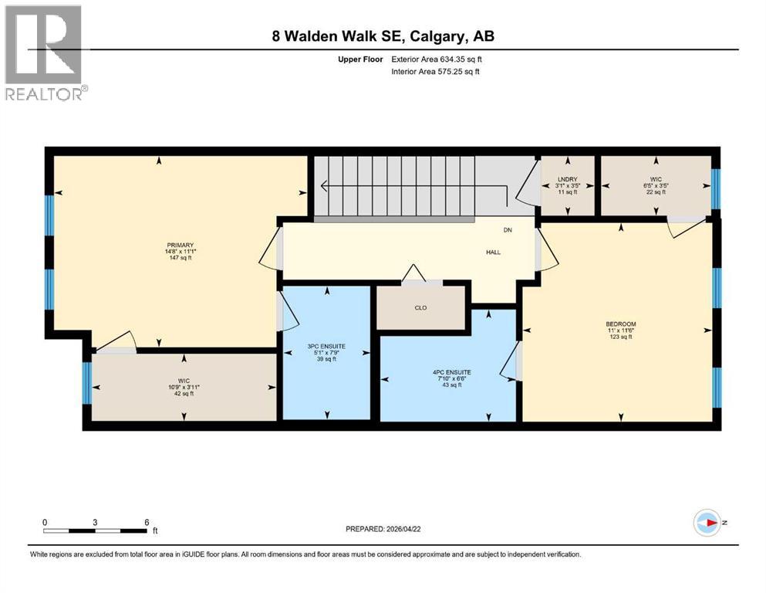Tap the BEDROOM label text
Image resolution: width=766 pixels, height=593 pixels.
tap(620, 324)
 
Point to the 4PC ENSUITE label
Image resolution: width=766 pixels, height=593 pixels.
tap(451, 371)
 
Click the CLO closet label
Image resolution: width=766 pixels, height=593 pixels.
tap(420, 307)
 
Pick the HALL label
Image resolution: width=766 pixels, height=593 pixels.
tap(493, 252)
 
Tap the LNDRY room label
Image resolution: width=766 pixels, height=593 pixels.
tap(567, 178)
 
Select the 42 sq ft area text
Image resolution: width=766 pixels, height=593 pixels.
tap(184, 393)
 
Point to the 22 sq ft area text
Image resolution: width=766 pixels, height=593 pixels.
tap(656, 192)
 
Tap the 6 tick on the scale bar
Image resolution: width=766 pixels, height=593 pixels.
tap(146, 522)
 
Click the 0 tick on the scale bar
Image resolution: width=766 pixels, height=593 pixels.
tap(45, 522)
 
